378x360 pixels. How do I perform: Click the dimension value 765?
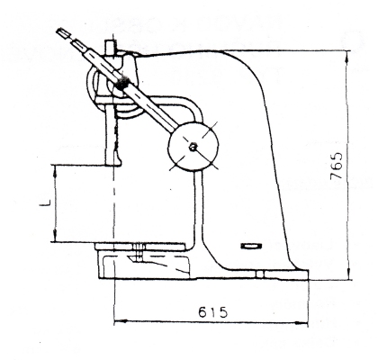(x=337, y=166)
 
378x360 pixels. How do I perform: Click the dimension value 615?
(x=213, y=312)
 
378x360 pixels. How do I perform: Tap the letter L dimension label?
(x=45, y=203)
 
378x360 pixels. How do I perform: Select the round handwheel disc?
(x=193, y=147)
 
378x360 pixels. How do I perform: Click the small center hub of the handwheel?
(x=192, y=147)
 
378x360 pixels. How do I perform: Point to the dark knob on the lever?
(x=121, y=83)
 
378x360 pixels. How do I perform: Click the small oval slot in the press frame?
(x=251, y=246)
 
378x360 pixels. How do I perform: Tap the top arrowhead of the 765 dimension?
(x=348, y=56)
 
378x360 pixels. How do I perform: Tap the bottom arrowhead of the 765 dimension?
(x=348, y=274)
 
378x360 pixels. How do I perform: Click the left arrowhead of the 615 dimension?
(x=120, y=322)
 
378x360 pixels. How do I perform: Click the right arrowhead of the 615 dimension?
(x=302, y=323)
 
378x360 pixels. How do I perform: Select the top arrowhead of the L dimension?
(x=55, y=170)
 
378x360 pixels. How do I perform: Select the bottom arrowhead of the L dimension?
(x=55, y=237)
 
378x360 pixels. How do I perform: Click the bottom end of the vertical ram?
(x=113, y=164)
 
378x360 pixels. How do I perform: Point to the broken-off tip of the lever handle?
(x=62, y=32)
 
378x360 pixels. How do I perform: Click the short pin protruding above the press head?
(x=109, y=47)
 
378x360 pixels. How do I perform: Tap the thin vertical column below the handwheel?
(x=198, y=207)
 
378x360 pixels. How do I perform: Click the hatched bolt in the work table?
(x=139, y=251)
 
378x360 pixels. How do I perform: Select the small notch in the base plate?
(x=260, y=274)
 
